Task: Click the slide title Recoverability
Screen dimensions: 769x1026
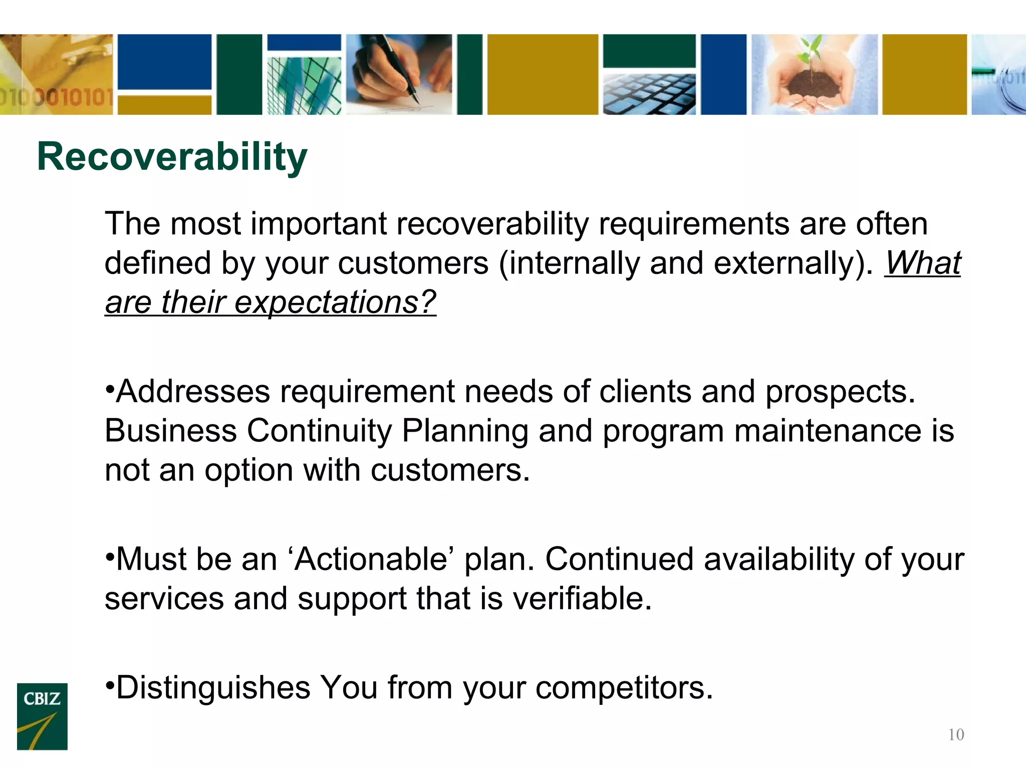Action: click(172, 157)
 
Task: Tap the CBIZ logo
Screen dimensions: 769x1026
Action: click(42, 716)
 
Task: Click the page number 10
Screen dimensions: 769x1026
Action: click(956, 734)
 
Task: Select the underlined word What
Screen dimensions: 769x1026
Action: click(922, 263)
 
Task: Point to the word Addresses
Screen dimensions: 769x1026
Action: click(193, 392)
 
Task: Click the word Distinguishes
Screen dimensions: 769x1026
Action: click(213, 687)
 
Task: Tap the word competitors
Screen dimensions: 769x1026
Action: click(624, 687)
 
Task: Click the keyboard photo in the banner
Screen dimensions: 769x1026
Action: click(649, 94)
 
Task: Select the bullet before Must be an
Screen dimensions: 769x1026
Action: click(110, 555)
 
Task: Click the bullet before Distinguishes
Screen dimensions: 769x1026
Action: click(110, 683)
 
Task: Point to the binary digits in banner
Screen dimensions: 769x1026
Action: click(55, 98)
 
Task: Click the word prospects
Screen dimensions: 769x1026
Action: click(840, 392)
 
